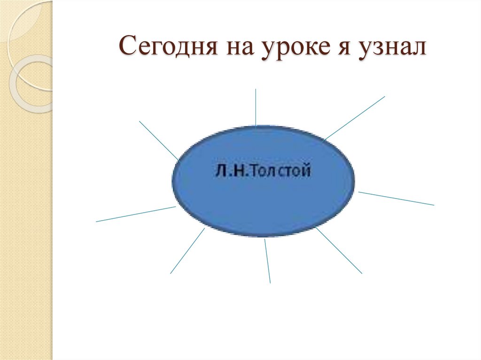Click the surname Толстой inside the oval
click(281, 171)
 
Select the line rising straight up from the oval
click(256, 107)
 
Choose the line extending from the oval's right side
click(396, 198)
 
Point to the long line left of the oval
click(135, 214)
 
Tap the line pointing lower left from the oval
click(187, 251)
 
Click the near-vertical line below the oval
click(267, 260)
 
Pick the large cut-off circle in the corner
click(19, 19)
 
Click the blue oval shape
click(263, 202)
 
